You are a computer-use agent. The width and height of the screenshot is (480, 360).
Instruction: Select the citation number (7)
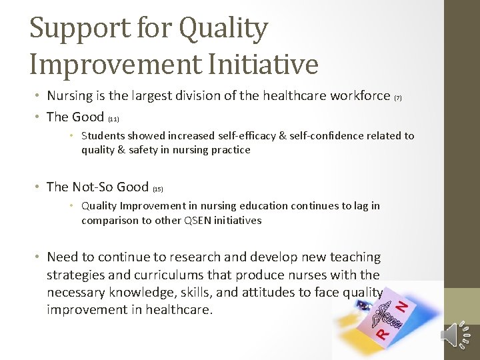click(398, 98)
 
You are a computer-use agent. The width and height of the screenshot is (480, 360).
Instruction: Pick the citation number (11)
click(113, 119)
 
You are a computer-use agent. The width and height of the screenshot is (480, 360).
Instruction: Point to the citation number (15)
click(158, 189)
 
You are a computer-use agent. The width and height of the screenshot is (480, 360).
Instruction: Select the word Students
click(103, 135)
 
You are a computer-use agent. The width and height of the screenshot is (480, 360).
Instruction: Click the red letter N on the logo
click(402, 306)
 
